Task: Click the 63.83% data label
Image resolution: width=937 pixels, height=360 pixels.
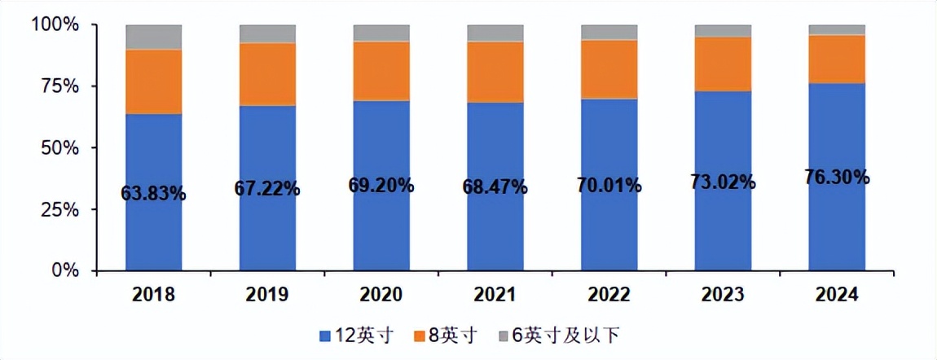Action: click(153, 194)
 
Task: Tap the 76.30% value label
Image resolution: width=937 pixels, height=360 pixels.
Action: click(837, 177)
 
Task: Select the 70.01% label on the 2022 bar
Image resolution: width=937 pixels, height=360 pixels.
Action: click(609, 185)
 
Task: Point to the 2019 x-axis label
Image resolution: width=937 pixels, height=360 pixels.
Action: click(267, 295)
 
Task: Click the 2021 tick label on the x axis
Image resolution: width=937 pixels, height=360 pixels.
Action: click(495, 295)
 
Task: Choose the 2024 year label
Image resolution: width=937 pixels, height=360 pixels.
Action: click(837, 295)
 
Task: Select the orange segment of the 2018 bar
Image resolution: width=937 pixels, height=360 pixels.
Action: click(153, 81)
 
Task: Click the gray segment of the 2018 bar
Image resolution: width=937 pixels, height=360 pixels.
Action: click(153, 37)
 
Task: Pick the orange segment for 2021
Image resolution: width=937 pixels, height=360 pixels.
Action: click(495, 72)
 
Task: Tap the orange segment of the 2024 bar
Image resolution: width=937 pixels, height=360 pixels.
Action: click(837, 59)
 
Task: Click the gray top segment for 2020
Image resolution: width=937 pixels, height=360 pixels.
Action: click(381, 33)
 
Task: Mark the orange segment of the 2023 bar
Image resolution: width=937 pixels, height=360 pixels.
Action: click(723, 64)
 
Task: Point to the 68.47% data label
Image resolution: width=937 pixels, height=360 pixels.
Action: click(495, 188)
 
